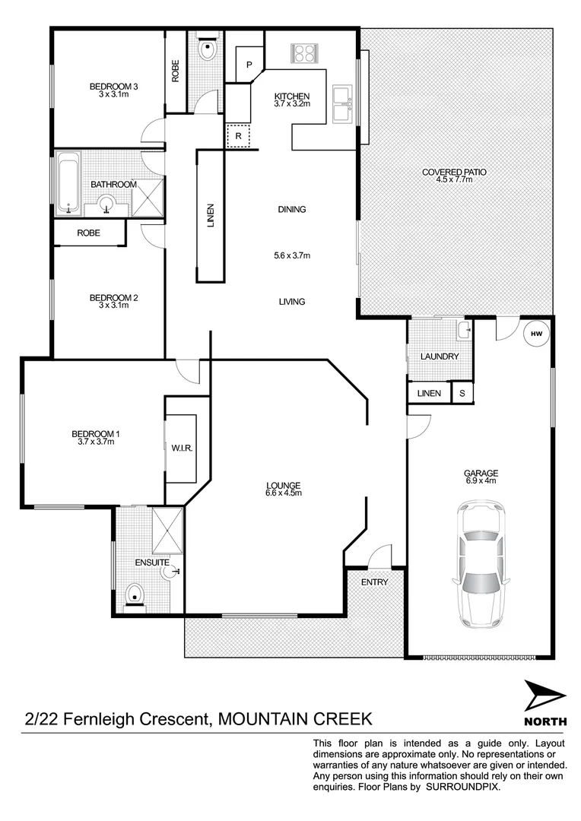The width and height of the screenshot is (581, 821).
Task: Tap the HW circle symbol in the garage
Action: click(x=536, y=333)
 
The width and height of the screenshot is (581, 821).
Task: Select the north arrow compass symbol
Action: click(x=544, y=696)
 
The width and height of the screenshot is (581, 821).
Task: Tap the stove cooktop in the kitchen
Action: click(x=304, y=53)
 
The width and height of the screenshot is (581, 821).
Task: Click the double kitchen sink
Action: click(x=342, y=103)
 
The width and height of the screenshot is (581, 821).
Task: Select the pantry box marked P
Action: click(x=249, y=65)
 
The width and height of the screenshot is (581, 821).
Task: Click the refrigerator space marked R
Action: click(x=238, y=135)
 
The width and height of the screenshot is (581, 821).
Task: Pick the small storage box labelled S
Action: click(x=462, y=393)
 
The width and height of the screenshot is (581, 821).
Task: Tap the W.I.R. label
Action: click(x=182, y=449)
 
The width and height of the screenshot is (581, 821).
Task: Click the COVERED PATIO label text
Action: click(x=454, y=173)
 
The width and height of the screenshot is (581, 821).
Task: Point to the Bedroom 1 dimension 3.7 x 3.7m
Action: click(x=95, y=442)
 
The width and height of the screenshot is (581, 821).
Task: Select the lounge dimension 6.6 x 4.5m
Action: click(x=284, y=493)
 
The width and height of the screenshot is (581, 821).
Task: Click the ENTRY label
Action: click(x=374, y=582)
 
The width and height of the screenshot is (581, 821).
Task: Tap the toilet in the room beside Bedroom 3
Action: click(x=206, y=49)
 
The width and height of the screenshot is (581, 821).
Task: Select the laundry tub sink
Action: click(x=463, y=329)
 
